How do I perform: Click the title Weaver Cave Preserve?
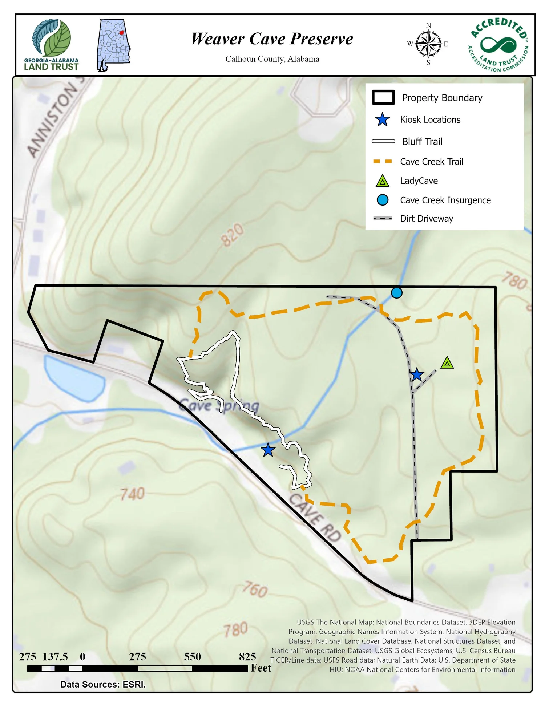coord(272,39)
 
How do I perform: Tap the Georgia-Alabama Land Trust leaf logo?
coord(52,38)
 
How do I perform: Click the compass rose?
coord(428,44)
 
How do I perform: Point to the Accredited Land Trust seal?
coord(498,45)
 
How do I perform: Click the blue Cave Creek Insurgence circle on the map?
coord(396,293)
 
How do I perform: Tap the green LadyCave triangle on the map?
coord(447,363)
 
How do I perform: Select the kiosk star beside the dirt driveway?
coord(417,374)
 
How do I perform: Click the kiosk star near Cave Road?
coord(268,450)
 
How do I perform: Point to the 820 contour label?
coord(233,235)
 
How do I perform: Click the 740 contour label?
coord(133,494)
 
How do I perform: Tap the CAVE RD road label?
coord(315,517)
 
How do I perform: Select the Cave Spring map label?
coord(219,406)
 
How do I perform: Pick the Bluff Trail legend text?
coord(422,142)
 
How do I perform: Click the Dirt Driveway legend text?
coord(427,219)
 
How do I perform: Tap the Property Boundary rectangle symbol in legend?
coord(383,98)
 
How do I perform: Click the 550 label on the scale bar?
coord(192,657)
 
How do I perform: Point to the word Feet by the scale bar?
coord(261,668)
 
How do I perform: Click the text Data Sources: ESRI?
coord(103,685)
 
